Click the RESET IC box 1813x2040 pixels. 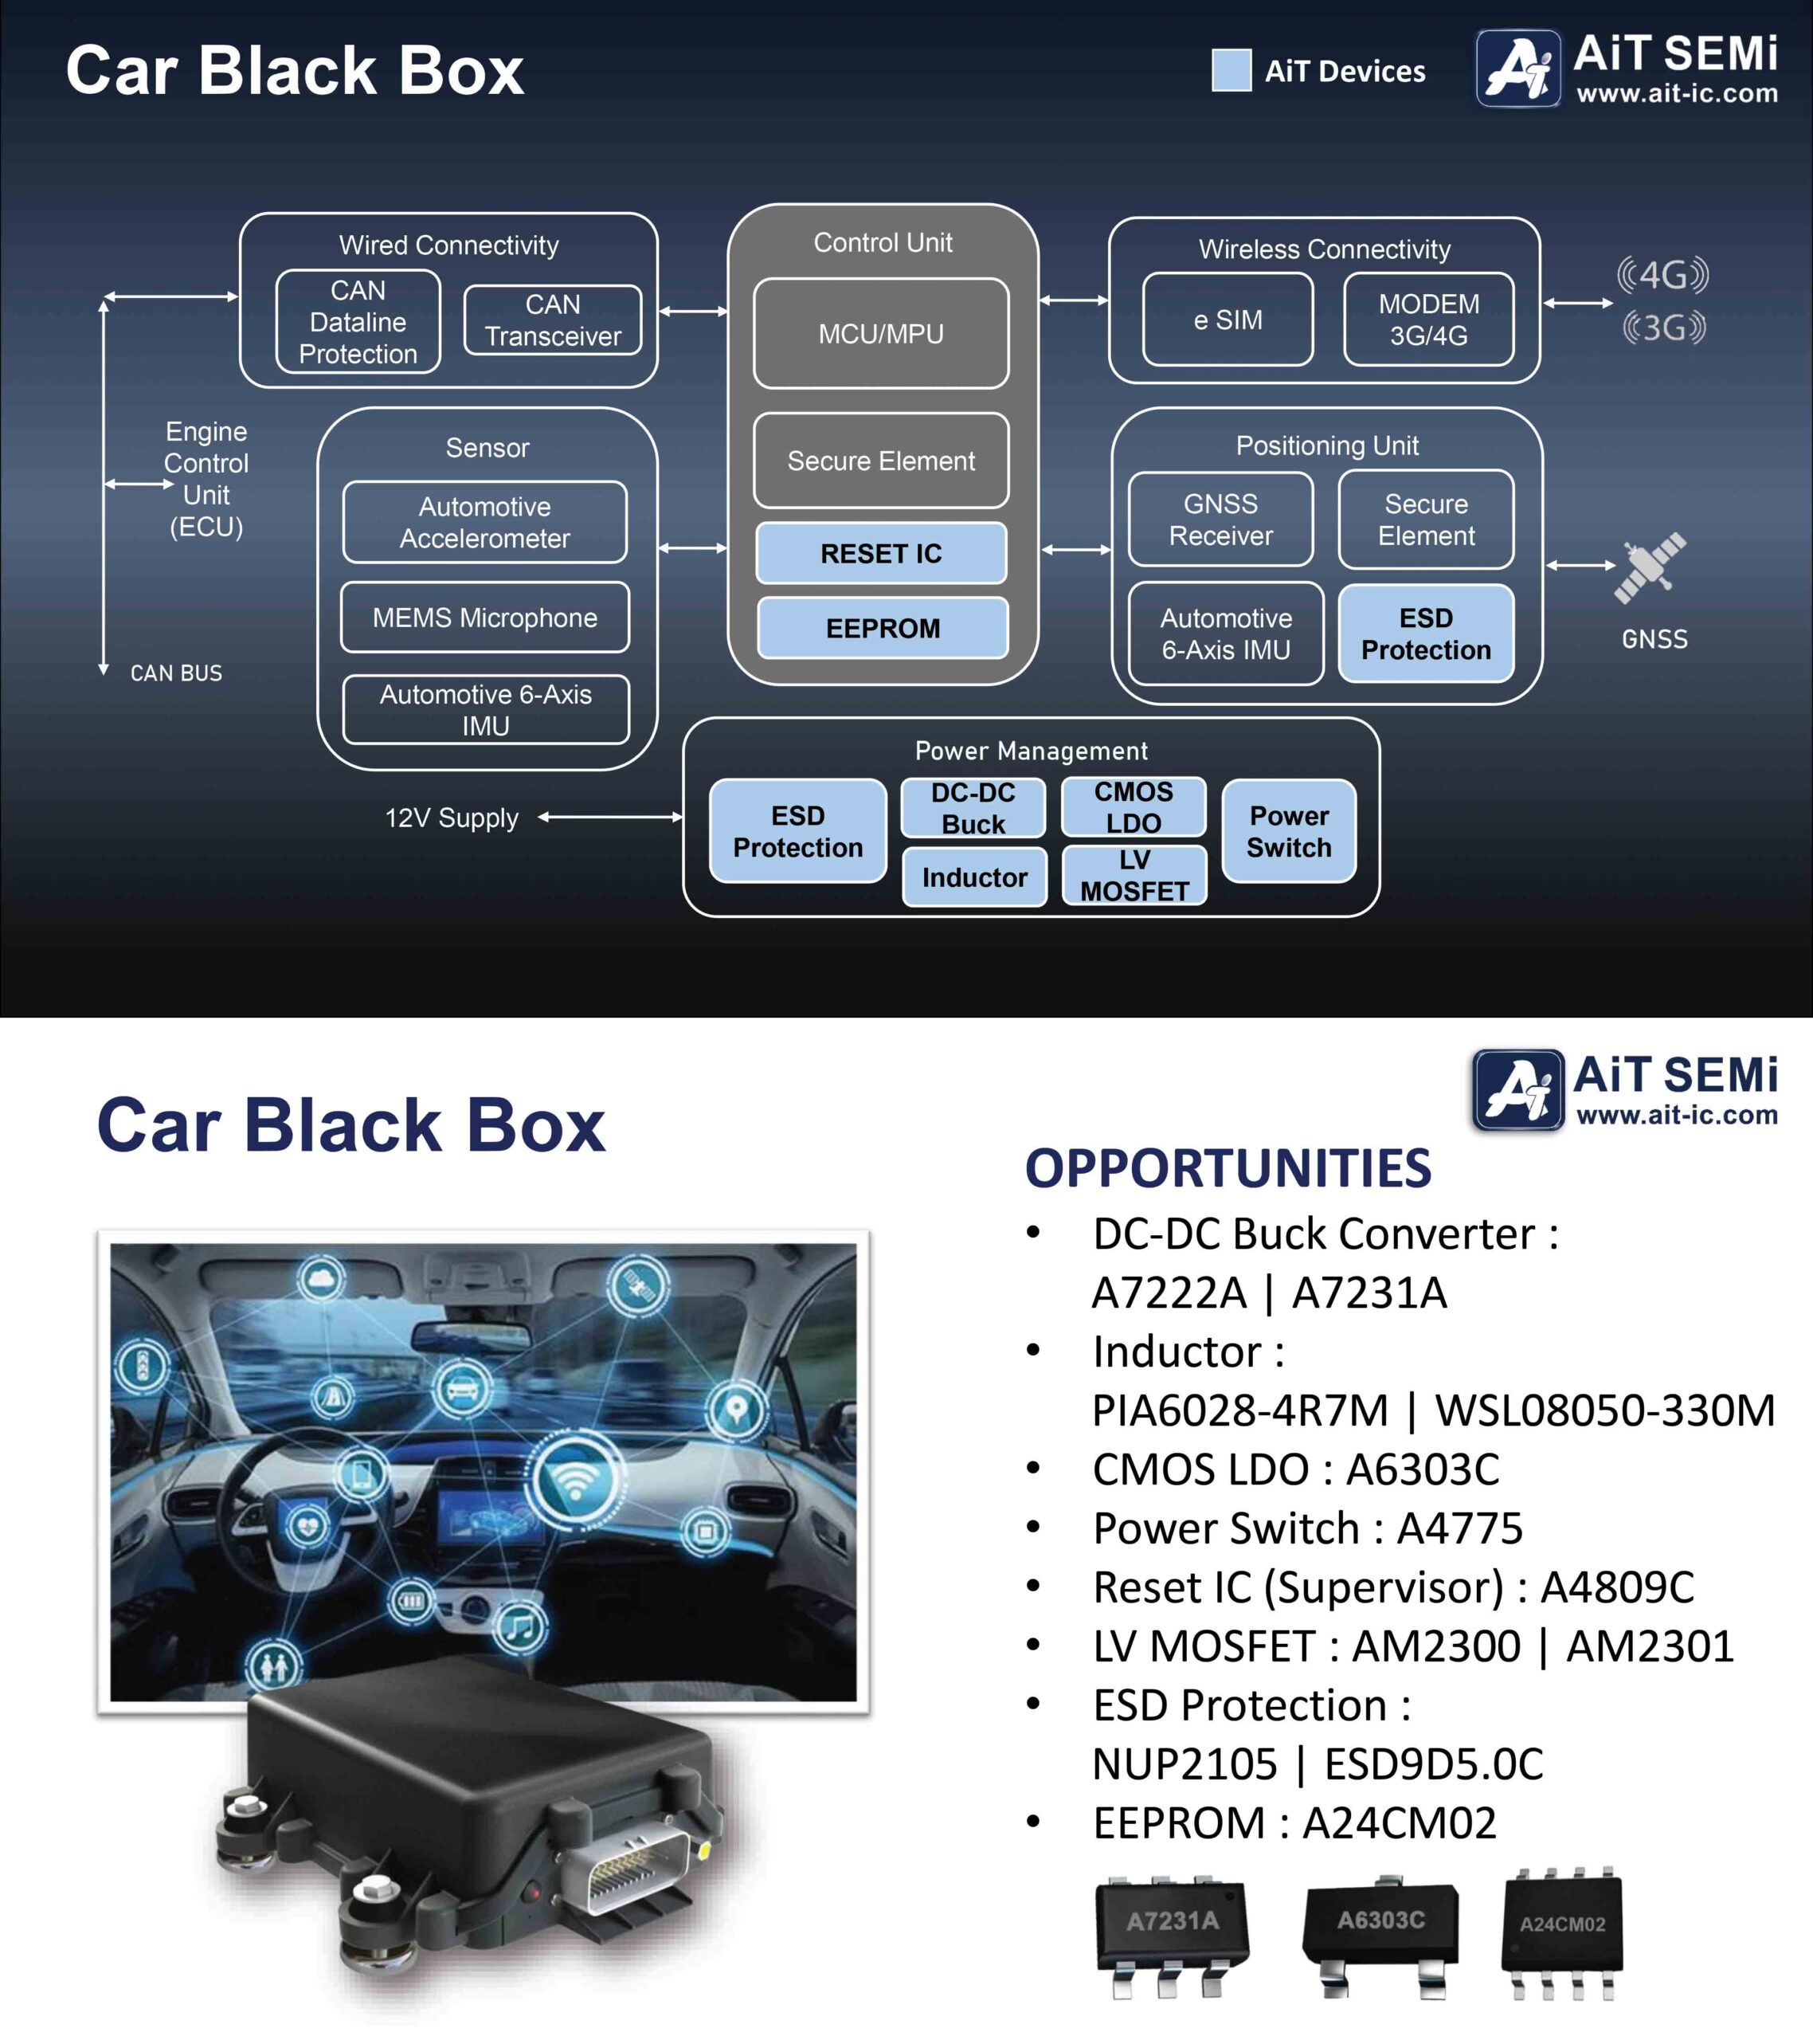coord(881,553)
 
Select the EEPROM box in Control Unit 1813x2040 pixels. coord(882,628)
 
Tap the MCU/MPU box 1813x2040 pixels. coord(881,333)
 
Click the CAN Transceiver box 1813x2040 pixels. coord(553,320)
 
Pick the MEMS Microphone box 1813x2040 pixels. coord(485,618)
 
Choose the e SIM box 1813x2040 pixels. coord(1228,320)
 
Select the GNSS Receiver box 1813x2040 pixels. coord(1220,519)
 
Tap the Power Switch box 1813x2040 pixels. coord(1288,831)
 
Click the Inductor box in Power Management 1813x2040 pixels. coord(974,877)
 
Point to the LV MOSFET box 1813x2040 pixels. coord(1134,875)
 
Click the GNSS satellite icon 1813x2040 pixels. coord(1650,568)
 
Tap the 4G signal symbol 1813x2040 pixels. coord(1662,274)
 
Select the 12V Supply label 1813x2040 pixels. coord(451,818)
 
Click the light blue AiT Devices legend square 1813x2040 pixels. coord(1232,71)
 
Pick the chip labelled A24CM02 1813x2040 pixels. coord(1563,1930)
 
